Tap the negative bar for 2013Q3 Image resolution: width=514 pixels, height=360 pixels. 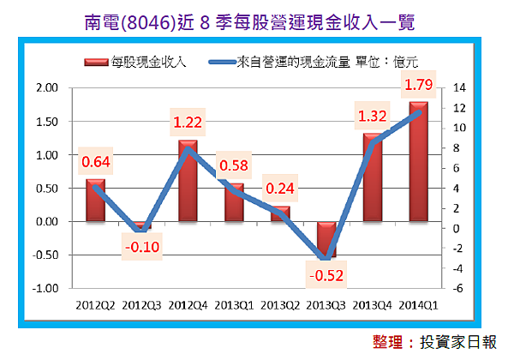[326, 239]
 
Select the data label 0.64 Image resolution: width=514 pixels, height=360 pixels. [96, 161]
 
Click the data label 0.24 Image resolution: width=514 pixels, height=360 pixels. [282, 189]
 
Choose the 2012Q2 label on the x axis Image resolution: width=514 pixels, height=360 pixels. [96, 303]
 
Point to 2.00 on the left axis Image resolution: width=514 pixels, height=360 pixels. [48, 88]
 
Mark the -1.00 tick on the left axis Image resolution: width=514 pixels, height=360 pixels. [46, 289]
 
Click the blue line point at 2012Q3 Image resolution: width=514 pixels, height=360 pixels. [142, 230]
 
